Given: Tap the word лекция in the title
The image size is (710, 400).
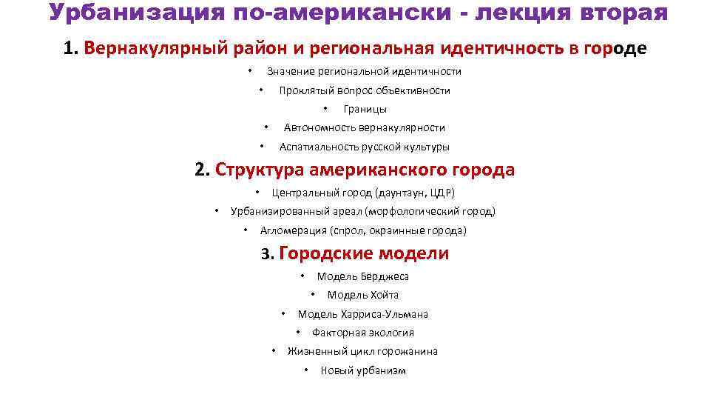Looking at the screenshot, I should pyautogui.click(x=510, y=13).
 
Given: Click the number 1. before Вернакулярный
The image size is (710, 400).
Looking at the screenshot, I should pyautogui.click(x=71, y=49).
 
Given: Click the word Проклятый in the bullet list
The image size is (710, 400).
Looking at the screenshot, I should pyautogui.click(x=305, y=90).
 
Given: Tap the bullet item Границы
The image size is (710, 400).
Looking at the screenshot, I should pyautogui.click(x=365, y=109).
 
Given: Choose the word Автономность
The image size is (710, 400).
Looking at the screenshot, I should pyautogui.click(x=316, y=127).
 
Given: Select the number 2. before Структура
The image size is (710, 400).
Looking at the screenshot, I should pyautogui.click(x=203, y=170).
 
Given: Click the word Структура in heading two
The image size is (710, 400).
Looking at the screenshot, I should pyautogui.click(x=260, y=170).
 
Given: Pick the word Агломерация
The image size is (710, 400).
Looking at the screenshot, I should pyautogui.click(x=294, y=230).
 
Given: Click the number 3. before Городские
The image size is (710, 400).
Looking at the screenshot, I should pyautogui.click(x=268, y=255).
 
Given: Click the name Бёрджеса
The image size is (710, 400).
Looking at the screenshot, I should pyautogui.click(x=385, y=276).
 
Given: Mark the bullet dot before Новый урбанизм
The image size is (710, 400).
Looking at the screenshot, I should pyautogui.click(x=306, y=370).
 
